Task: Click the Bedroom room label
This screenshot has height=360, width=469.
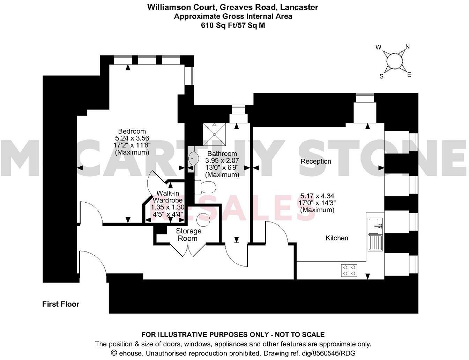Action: tap(132, 131)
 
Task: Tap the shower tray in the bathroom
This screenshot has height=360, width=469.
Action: tap(215, 134)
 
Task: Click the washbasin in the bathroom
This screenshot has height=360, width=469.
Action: tap(192, 159)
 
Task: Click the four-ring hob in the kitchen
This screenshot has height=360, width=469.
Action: tap(349, 270)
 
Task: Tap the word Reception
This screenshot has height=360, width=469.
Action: tap(316, 161)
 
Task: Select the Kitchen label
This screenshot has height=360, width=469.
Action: tap(337, 238)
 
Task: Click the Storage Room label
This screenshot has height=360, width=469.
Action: tap(188, 235)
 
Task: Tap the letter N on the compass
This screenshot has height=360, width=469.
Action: tap(407, 47)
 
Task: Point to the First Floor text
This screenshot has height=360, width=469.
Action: tap(61, 304)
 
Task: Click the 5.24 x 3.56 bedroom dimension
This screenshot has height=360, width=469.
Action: tap(132, 138)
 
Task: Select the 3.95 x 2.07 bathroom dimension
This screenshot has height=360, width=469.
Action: tap(222, 160)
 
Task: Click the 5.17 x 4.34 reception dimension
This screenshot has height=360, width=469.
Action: tap(317, 196)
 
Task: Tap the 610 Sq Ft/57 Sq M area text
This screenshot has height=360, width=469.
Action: tap(233, 25)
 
